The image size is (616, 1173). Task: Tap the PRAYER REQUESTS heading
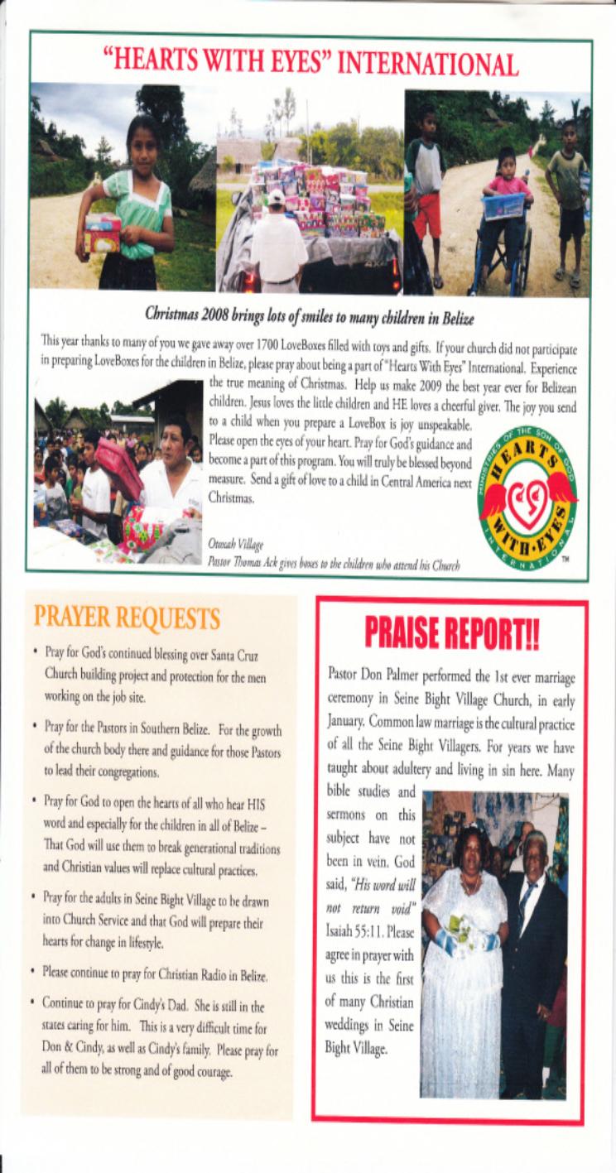click(x=127, y=618)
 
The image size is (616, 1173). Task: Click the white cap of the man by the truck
click(x=276, y=197)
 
